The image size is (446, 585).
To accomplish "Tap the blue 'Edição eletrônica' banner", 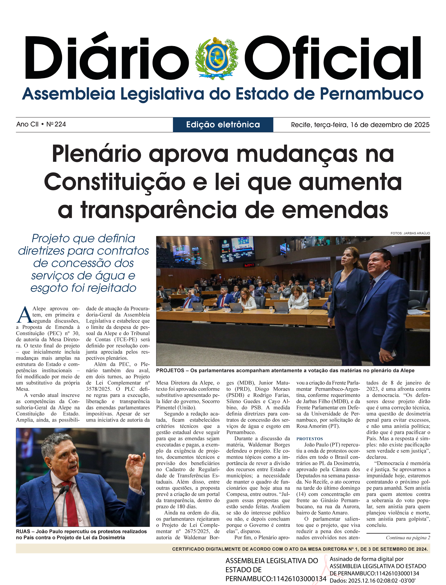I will [223, 125].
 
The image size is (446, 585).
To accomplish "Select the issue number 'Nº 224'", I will [56, 124].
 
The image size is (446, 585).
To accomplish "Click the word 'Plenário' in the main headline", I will [97, 154].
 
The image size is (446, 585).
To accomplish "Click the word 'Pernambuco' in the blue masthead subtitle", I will [371, 94].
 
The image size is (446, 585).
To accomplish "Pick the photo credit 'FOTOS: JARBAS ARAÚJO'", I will [410, 233].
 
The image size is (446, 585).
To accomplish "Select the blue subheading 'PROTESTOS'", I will [310, 439].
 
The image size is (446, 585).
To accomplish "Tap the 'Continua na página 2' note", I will [408, 538].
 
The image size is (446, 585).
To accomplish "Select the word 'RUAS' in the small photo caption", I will [23, 532].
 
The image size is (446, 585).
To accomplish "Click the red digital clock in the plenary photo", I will [249, 265].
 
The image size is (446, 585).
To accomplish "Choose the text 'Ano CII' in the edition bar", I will [27, 124].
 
